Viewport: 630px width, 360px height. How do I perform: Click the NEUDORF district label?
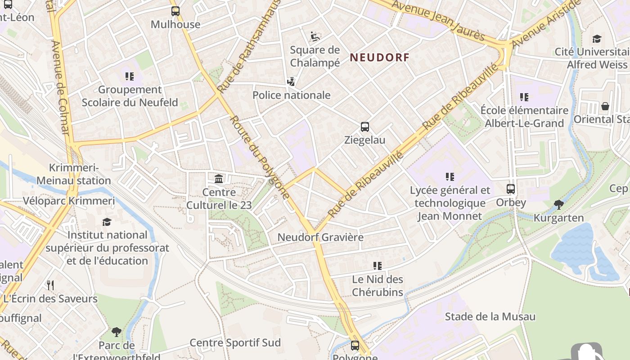coord(380,57)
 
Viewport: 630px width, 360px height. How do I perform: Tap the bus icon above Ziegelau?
coord(364,127)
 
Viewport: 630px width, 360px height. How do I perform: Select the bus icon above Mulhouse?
coord(175,11)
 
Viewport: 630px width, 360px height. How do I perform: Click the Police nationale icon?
coord(291,82)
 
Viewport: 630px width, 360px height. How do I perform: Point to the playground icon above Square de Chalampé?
coord(315,36)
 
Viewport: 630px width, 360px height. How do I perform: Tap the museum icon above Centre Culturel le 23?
coord(219,179)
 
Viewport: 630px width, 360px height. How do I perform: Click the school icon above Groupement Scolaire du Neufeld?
coord(130,76)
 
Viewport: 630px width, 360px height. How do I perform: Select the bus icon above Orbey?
coord(511,189)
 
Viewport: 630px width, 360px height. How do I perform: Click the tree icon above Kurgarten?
coord(558,205)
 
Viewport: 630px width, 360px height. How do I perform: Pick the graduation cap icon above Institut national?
coord(107,222)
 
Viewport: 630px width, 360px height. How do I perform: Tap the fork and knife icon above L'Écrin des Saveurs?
coord(50,285)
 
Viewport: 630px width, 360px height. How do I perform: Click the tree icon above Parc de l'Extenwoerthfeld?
coord(117,332)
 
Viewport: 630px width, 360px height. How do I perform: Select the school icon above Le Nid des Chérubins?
coord(378,266)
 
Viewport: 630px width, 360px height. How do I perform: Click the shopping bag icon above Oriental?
coord(605,106)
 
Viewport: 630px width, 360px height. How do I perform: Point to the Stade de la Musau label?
coord(490,317)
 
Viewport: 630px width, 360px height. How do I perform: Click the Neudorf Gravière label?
coord(320,237)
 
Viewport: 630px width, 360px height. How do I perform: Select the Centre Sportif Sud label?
coord(235,342)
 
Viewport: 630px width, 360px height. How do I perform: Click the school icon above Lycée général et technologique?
coord(450,177)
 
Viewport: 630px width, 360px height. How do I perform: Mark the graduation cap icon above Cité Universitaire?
coord(597,39)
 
